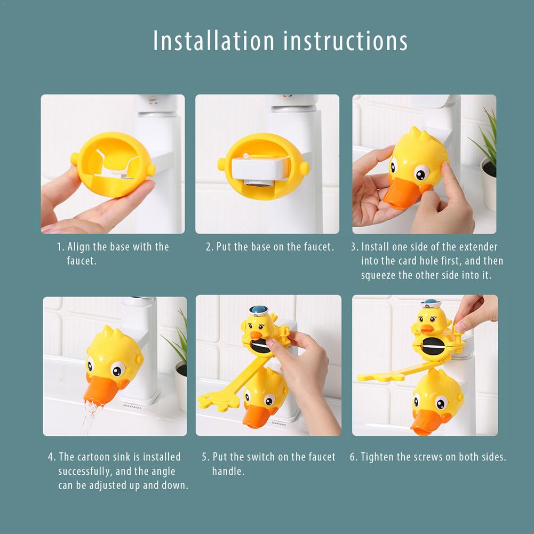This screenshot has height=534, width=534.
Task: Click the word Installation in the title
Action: (213, 41)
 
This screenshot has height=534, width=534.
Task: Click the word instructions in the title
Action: (345, 41)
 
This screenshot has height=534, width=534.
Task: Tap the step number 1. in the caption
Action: (60, 247)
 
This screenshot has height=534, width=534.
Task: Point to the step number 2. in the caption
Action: (210, 247)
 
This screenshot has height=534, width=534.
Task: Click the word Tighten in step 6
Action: (377, 457)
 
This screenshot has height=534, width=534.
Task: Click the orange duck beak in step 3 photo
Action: (400, 193)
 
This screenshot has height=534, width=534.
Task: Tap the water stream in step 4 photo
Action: (90, 416)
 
